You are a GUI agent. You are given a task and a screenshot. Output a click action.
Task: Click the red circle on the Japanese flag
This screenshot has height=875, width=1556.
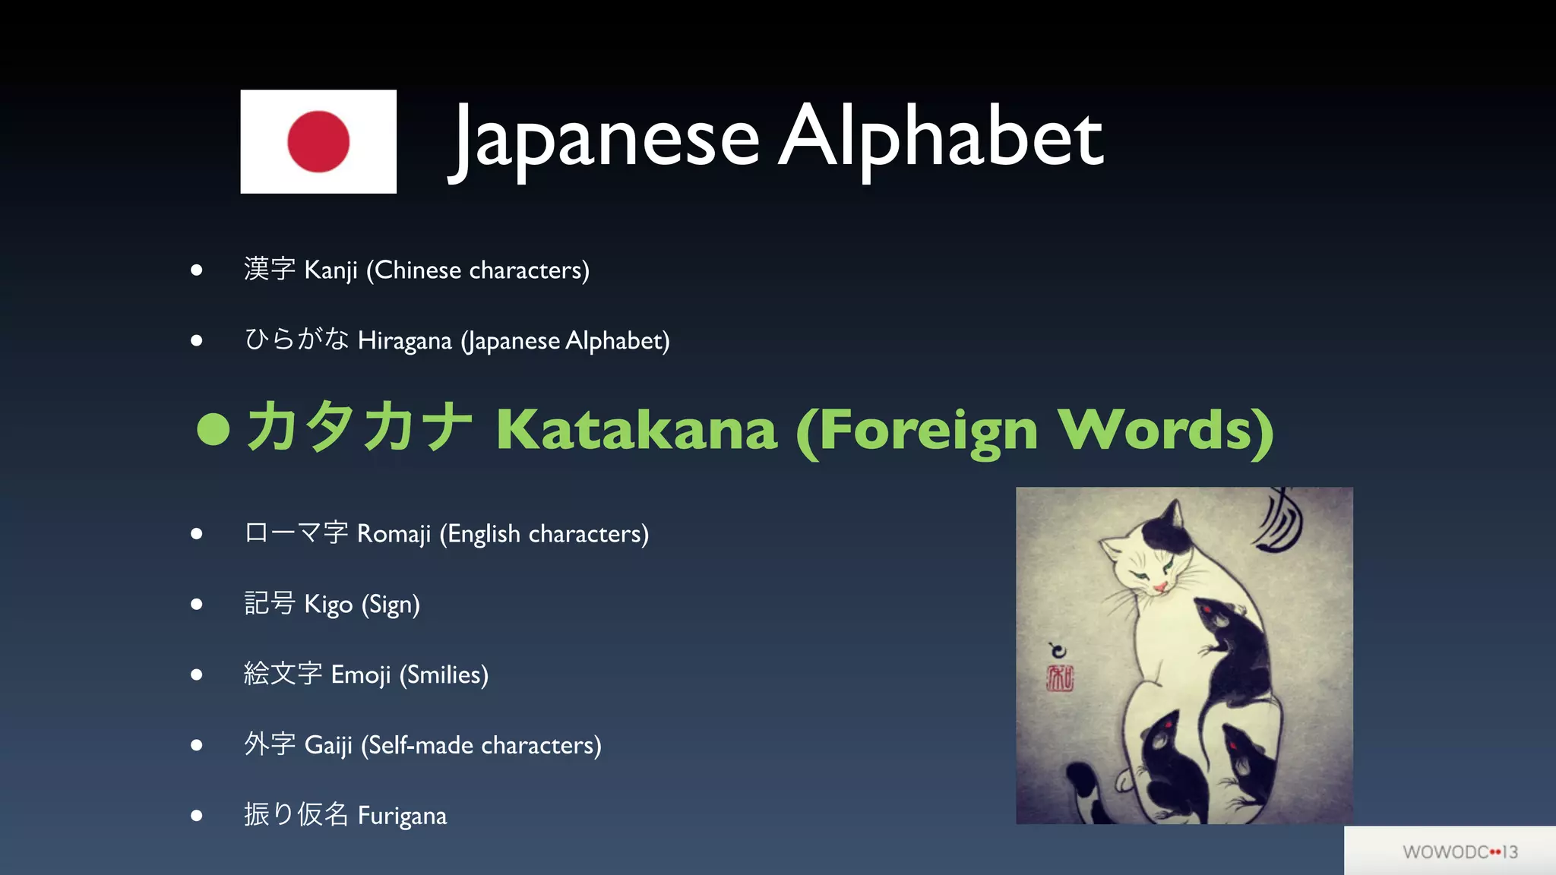[318, 141]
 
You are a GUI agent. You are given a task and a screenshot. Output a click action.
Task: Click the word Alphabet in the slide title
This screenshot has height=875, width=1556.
[941, 137]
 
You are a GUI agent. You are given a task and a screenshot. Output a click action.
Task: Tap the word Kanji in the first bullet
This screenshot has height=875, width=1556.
[330, 270]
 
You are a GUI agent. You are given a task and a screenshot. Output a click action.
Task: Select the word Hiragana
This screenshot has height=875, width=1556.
[404, 341]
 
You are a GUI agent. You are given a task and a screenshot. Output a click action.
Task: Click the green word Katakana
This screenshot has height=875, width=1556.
[637, 430]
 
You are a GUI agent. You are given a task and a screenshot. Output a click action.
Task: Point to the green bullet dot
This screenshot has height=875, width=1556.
[213, 429]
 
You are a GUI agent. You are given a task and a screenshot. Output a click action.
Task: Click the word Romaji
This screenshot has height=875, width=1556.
[394, 534]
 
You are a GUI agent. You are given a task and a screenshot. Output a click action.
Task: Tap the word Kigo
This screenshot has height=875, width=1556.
[328, 605]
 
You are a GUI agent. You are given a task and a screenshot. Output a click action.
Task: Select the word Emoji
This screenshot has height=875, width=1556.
[361, 675]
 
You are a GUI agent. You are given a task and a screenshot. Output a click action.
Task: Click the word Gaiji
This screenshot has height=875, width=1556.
[328, 745]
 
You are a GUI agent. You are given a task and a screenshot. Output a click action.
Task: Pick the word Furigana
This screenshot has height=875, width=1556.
[402, 816]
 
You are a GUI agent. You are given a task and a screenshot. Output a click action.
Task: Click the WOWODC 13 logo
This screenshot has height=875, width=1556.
[1460, 852]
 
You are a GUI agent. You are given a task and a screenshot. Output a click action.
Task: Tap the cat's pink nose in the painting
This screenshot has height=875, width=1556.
[1160, 587]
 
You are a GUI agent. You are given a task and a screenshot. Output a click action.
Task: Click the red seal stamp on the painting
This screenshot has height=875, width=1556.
[1059, 678]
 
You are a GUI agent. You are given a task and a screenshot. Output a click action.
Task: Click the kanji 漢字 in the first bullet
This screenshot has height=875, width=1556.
[269, 269]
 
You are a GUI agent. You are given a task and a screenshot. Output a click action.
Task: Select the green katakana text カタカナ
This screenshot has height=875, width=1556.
[359, 428]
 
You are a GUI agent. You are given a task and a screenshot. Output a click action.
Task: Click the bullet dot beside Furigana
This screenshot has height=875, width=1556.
[197, 816]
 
